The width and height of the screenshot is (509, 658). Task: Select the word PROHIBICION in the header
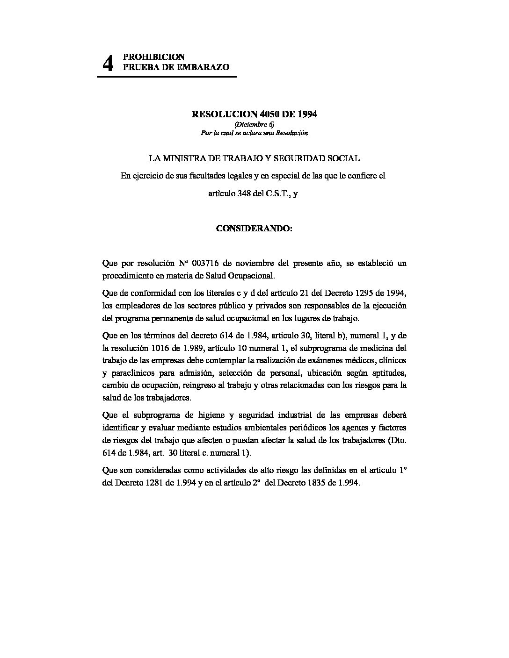tap(153, 57)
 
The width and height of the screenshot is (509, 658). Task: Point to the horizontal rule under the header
tap(167, 76)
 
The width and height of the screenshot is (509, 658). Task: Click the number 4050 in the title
tap(260, 114)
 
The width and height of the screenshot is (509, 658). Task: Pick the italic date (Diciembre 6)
tap(254, 124)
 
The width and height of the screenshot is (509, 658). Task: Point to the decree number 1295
tap(357, 293)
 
